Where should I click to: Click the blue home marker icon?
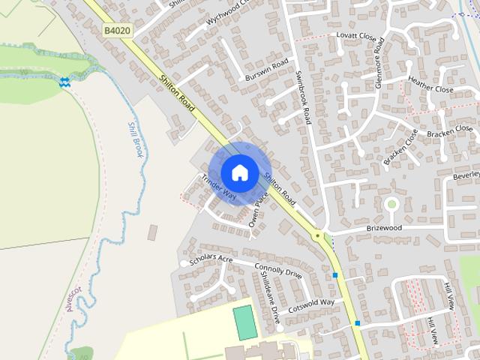coord(239,172)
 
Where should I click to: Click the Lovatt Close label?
coord(355,35)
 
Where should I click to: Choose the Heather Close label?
coord(430,84)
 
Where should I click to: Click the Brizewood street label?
coord(384,227)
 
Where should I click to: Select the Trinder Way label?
coord(218,187)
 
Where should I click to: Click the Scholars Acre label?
coord(212,260)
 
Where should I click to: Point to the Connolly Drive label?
coord(278,271)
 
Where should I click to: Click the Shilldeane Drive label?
coord(269,297)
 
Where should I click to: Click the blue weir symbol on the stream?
coord(65,82)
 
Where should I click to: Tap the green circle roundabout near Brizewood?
coord(391,203)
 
